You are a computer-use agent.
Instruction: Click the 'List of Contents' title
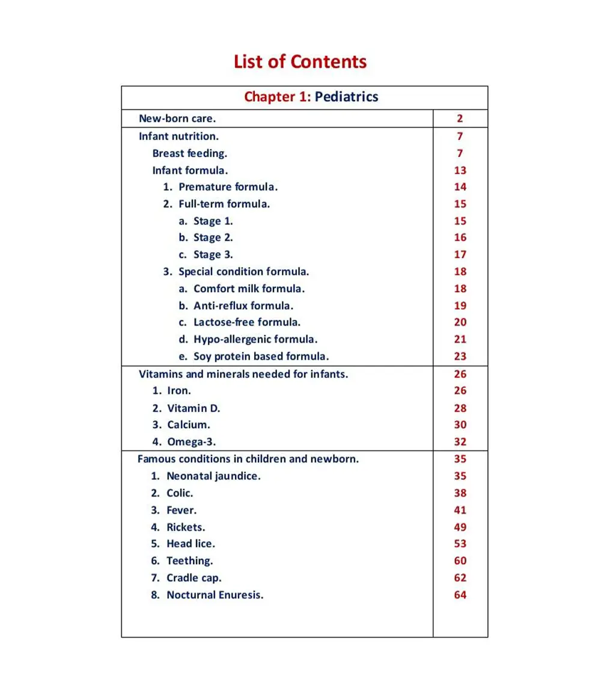tap(300, 61)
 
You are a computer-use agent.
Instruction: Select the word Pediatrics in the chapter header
tap(346, 97)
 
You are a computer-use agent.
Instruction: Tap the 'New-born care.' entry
tap(177, 118)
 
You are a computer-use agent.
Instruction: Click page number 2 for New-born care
tap(460, 118)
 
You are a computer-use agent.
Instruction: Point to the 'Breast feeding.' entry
tap(189, 153)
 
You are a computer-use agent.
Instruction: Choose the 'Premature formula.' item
tap(228, 187)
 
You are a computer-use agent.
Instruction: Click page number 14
tap(460, 187)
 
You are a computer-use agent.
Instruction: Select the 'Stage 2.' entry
tap(213, 238)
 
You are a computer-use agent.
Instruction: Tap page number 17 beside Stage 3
tap(460, 254)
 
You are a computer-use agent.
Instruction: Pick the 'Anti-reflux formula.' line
tap(243, 306)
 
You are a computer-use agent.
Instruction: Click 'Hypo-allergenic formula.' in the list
tap(255, 339)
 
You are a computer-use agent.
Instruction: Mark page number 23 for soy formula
tap(460, 356)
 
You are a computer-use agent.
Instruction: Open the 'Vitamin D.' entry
tap(194, 408)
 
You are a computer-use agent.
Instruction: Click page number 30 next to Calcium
tap(460, 425)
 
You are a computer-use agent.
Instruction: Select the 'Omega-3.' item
tap(191, 442)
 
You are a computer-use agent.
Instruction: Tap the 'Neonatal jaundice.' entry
tap(213, 476)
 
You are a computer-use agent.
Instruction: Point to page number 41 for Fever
tap(460, 510)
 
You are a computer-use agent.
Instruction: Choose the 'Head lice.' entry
tap(191, 544)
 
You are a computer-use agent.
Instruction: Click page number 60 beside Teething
tap(460, 561)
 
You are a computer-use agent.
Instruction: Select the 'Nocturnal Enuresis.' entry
tap(215, 595)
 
